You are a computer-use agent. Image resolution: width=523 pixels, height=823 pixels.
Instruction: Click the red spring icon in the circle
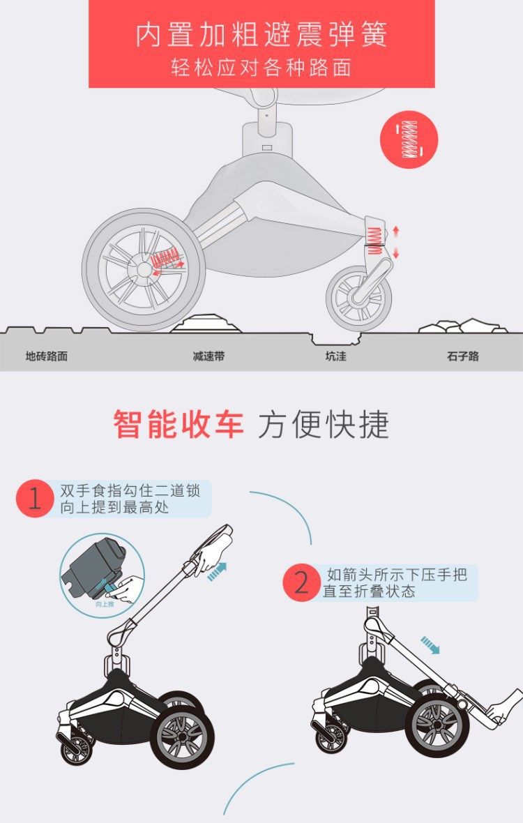point(409,139)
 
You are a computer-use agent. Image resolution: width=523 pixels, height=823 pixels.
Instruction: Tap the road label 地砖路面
point(47,356)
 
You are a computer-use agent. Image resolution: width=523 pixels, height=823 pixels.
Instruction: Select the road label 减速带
point(209,356)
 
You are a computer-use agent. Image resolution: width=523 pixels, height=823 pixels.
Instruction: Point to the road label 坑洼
point(335,356)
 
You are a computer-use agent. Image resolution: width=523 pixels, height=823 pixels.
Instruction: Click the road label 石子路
point(462,356)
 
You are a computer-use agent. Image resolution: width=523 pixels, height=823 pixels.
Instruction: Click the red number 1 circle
point(35,499)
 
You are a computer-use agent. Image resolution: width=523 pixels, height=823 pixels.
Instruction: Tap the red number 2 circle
point(302,582)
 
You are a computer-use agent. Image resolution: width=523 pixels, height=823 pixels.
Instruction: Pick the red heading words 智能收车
point(179,425)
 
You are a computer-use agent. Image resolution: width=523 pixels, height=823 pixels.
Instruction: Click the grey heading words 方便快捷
point(324,425)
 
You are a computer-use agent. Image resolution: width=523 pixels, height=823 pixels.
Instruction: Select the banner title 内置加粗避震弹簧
point(261,35)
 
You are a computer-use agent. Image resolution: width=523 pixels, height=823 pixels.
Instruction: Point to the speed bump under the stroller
point(206,324)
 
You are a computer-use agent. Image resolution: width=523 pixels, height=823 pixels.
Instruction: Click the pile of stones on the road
point(462,326)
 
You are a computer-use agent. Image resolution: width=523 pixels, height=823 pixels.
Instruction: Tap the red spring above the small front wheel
point(374,241)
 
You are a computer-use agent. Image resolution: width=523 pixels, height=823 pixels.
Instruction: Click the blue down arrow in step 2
point(430,645)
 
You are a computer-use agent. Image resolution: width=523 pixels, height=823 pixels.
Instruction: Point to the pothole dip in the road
point(335,339)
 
